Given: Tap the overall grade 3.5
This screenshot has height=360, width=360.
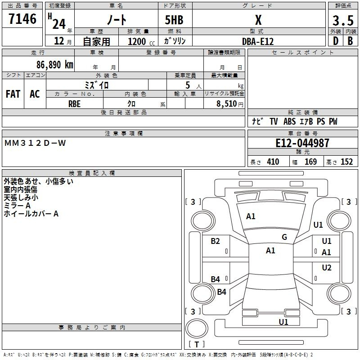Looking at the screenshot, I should (342, 20).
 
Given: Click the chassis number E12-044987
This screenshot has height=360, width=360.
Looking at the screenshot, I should (302, 144).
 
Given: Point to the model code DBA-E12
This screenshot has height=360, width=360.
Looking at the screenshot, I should (258, 41).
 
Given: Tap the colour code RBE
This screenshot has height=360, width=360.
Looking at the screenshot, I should (74, 103).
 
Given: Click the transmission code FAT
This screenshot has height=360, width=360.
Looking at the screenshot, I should (13, 94).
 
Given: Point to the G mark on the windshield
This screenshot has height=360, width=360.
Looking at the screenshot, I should (284, 237).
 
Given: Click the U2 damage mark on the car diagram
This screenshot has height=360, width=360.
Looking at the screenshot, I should (327, 268).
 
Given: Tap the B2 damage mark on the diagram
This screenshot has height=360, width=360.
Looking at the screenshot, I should (216, 241).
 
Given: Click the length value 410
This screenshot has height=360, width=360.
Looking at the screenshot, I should (273, 162).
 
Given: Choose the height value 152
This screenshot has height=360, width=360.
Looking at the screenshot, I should (346, 162).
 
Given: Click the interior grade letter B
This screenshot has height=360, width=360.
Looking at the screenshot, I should (350, 41).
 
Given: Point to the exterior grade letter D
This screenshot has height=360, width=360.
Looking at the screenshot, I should (335, 41).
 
